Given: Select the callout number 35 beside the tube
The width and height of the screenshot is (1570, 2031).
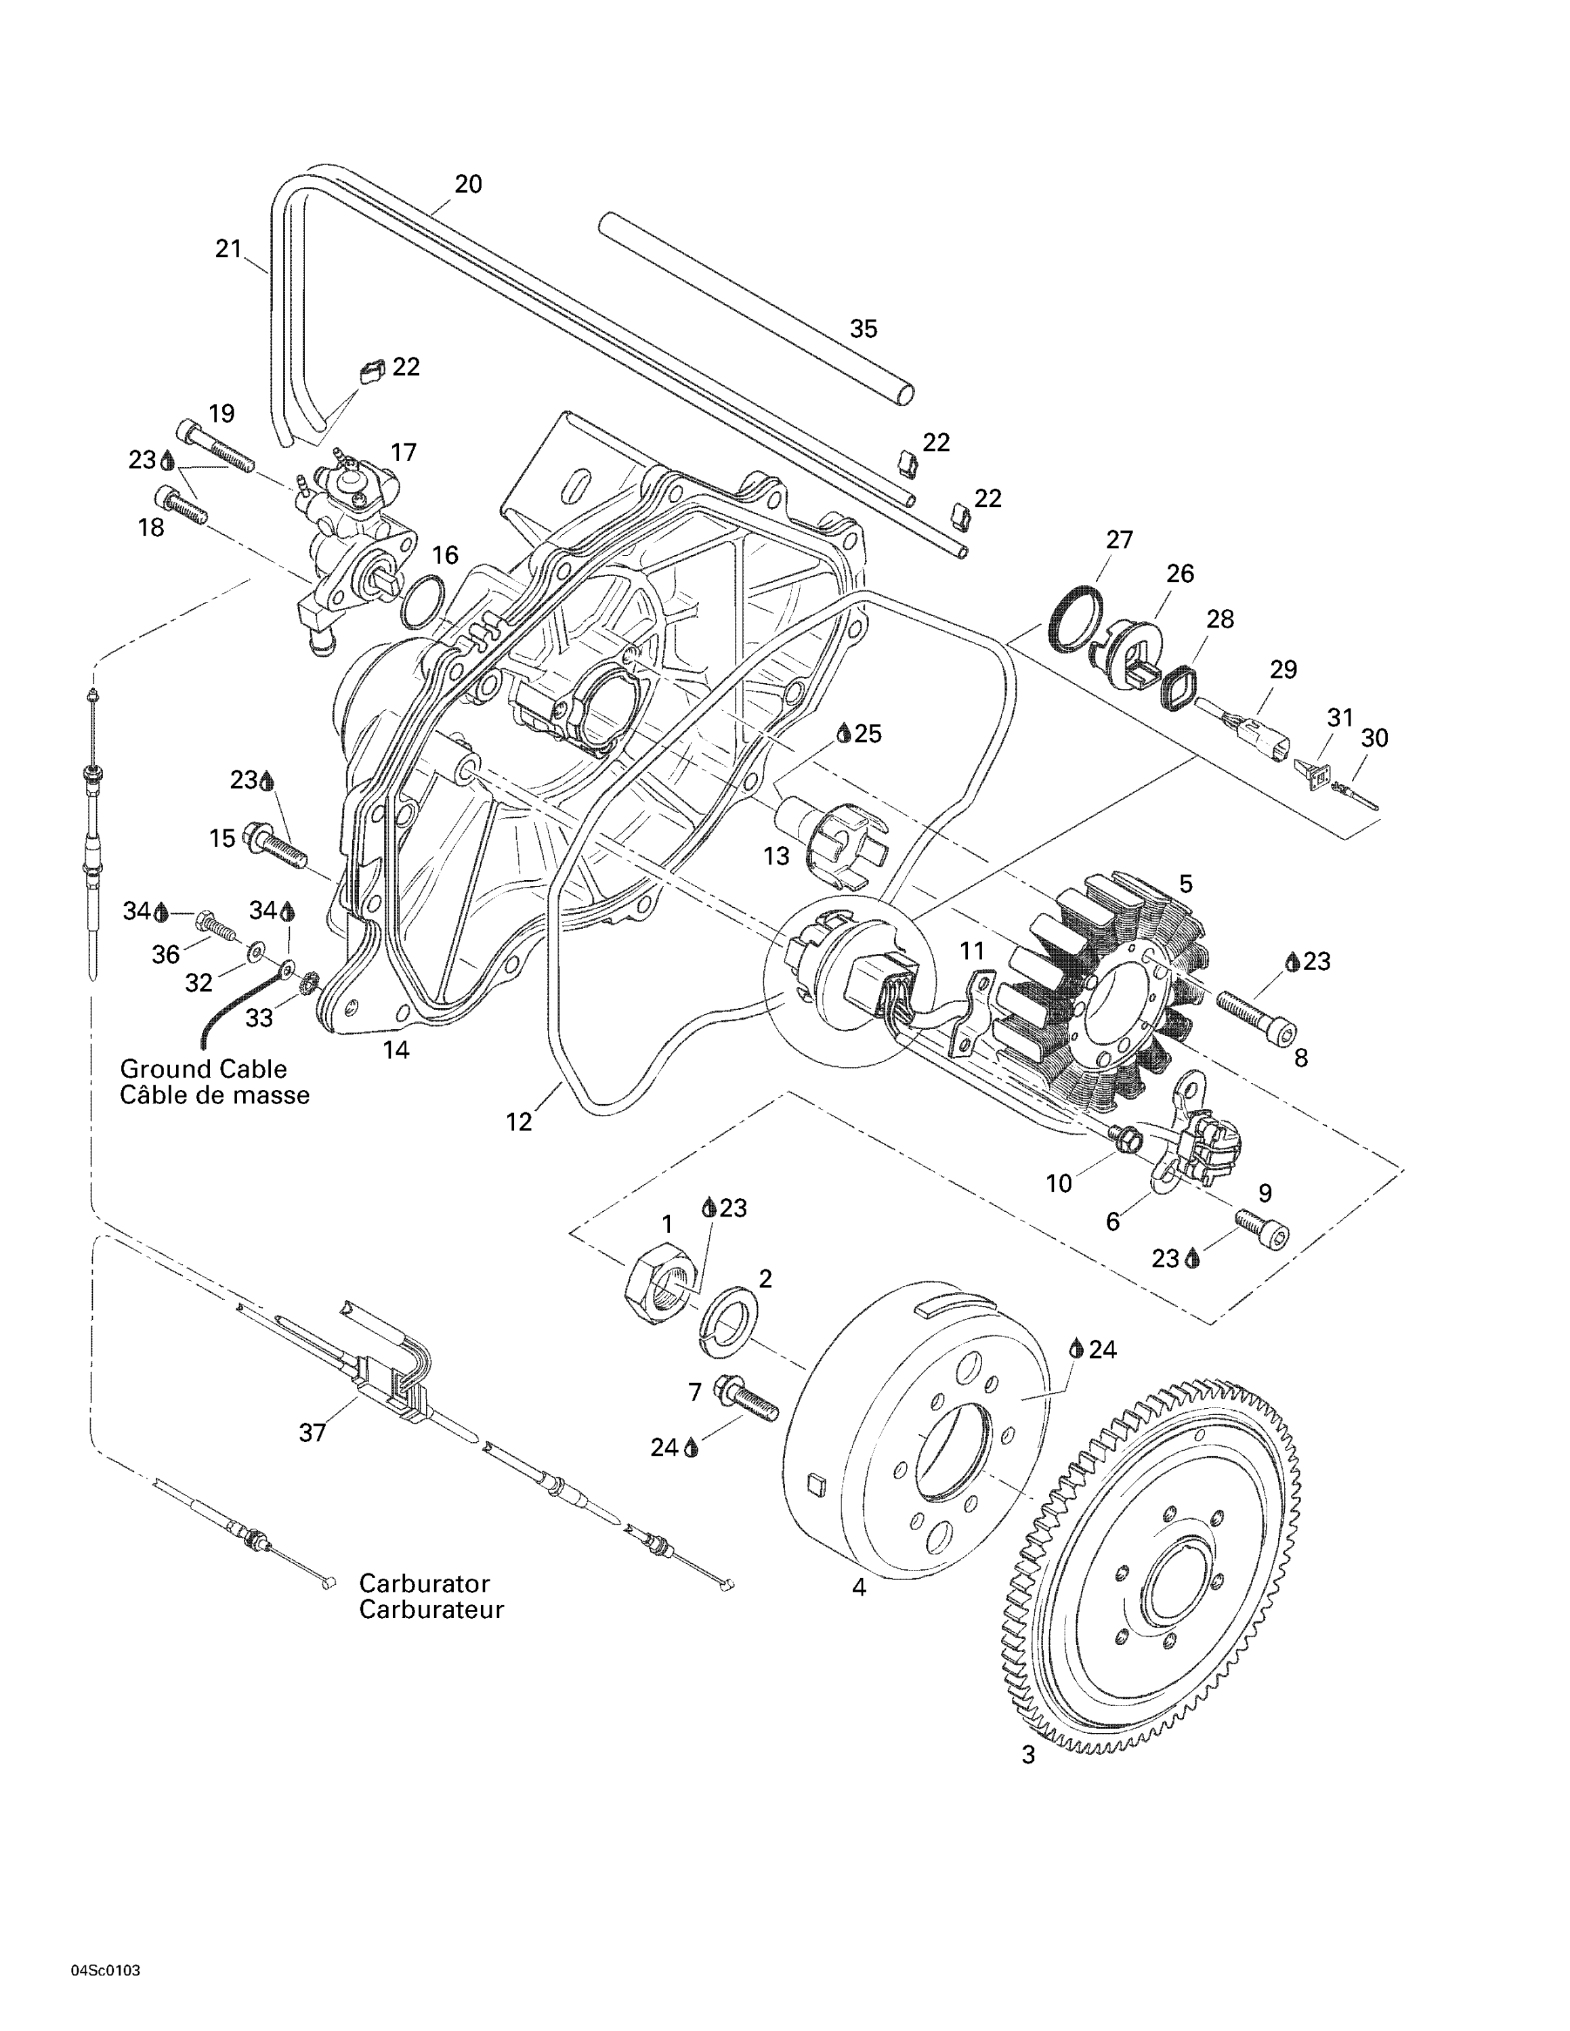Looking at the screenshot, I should click(863, 328).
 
